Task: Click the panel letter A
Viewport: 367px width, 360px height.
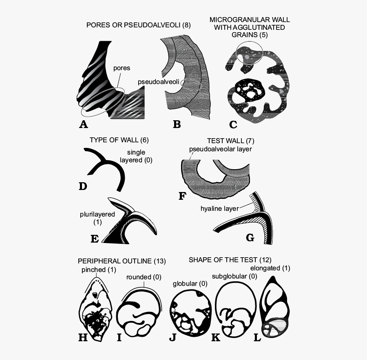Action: pyautogui.click(x=84, y=124)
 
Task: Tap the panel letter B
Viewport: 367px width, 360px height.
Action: pyautogui.click(x=177, y=124)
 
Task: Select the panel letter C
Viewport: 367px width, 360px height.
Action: pyautogui.click(x=233, y=124)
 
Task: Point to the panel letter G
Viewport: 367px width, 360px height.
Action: pyautogui.click(x=250, y=237)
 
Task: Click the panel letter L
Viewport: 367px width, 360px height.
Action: pyautogui.click(x=257, y=338)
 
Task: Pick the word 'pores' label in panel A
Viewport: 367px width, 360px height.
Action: pyautogui.click(x=122, y=68)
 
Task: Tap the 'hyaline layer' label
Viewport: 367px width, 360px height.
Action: pyautogui.click(x=219, y=209)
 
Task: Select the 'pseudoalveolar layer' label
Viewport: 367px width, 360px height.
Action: pyautogui.click(x=221, y=149)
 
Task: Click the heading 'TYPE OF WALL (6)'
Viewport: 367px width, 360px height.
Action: pyautogui.click(x=119, y=140)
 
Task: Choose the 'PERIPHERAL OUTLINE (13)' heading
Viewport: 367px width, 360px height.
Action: pyautogui.click(x=122, y=261)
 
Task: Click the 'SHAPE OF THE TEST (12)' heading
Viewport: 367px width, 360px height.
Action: pyautogui.click(x=230, y=260)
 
